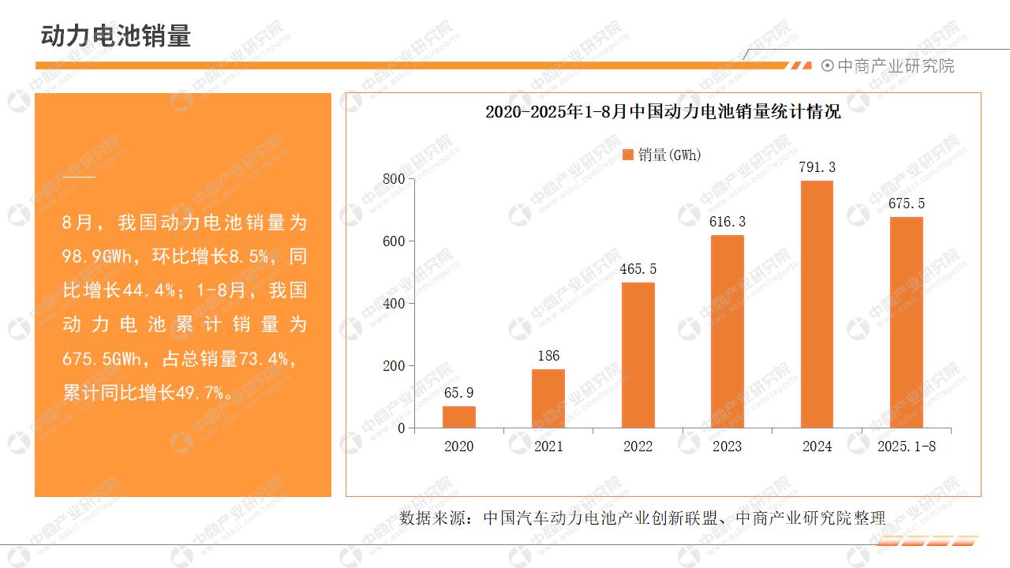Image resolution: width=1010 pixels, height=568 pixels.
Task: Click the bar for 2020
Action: (458, 417)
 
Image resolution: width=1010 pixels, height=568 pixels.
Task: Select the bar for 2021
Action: (548, 398)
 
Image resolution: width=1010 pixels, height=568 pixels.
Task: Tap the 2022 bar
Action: (638, 355)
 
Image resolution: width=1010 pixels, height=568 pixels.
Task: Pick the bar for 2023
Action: (728, 331)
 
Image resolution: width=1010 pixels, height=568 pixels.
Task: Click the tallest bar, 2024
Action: (817, 305)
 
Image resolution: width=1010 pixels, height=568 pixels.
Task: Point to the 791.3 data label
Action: (817, 167)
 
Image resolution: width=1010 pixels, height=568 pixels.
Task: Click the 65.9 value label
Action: (458, 393)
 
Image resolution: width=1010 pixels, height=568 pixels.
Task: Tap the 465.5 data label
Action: (638, 269)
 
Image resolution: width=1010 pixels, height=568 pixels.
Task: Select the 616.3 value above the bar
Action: (728, 222)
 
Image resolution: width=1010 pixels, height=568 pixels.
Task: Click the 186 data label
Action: (548, 356)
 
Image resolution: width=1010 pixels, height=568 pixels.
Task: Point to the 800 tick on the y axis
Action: (393, 179)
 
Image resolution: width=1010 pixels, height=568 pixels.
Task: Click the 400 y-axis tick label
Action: (393, 304)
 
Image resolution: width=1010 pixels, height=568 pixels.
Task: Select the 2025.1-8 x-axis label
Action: (907, 447)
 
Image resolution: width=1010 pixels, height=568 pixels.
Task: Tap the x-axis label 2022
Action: (638, 447)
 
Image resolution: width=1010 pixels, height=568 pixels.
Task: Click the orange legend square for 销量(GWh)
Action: (628, 155)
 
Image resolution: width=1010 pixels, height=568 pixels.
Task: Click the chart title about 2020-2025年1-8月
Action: (663, 112)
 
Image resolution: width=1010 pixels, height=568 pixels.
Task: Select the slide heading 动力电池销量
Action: (116, 36)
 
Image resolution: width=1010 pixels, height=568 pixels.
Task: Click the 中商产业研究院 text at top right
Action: (895, 66)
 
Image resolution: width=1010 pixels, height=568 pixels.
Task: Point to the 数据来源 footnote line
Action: (642, 518)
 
